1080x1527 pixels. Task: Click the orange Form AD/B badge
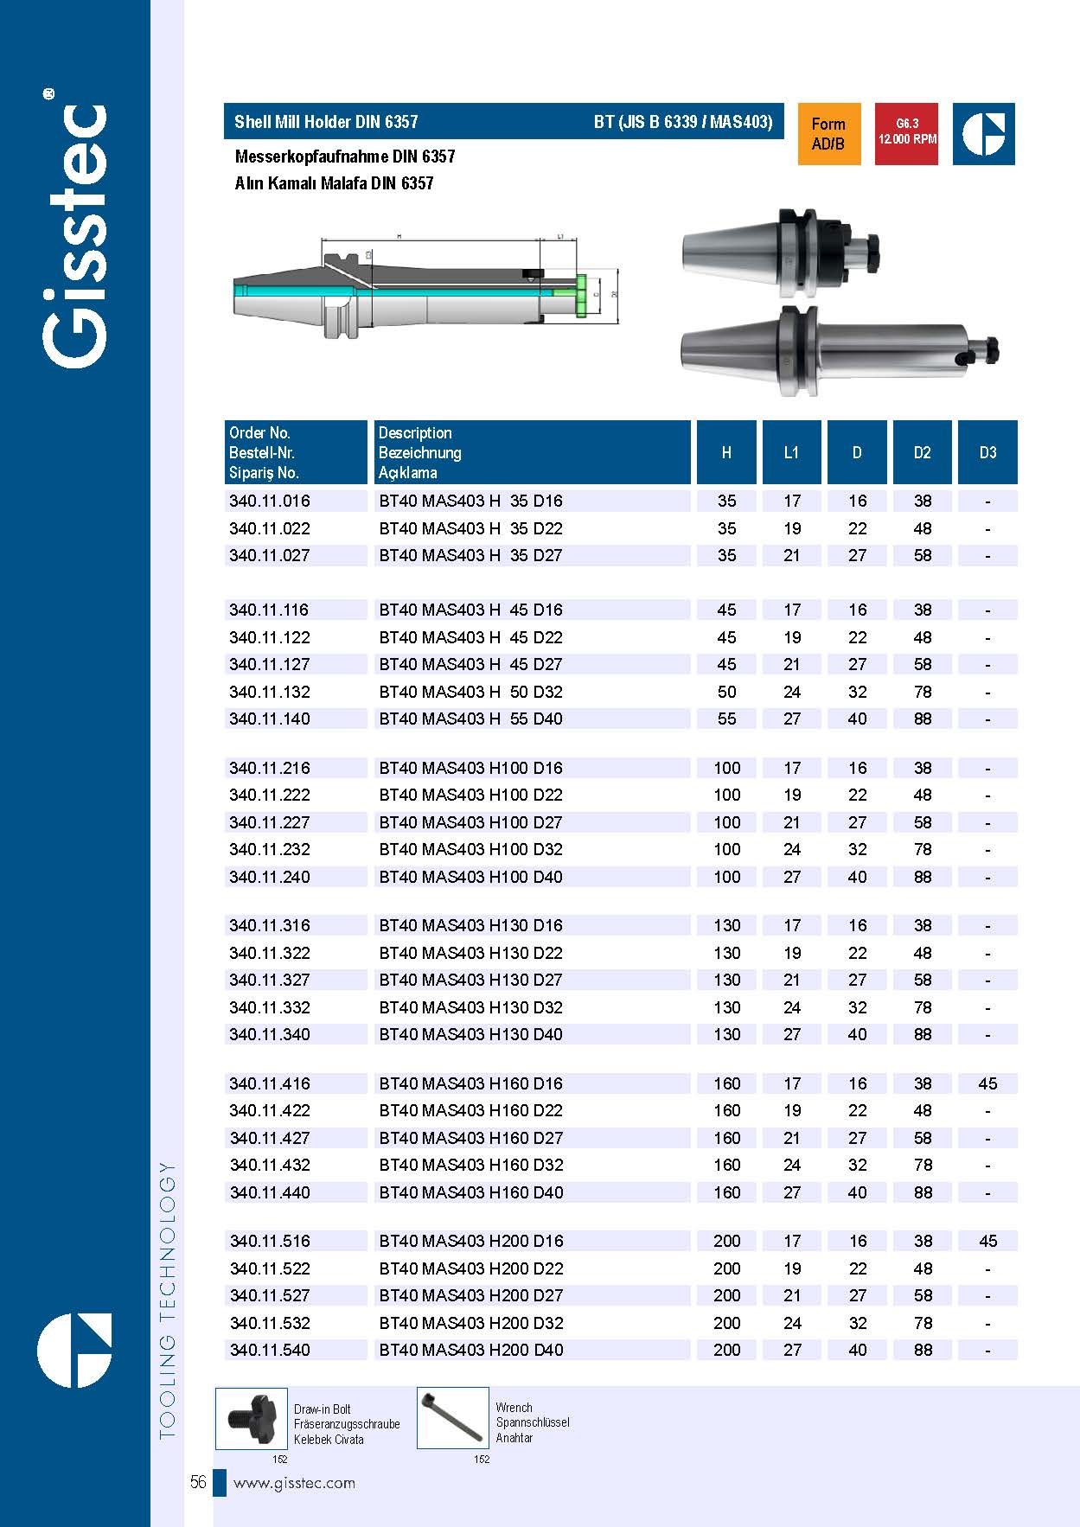(828, 134)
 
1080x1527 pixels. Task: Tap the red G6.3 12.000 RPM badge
(906, 133)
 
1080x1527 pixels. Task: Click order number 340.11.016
(270, 501)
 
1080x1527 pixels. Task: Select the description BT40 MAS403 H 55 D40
(470, 719)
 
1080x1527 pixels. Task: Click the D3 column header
(987, 452)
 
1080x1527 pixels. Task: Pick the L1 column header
(791, 452)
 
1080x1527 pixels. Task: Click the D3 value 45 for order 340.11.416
(987, 1083)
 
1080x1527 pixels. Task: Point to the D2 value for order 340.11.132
(923, 692)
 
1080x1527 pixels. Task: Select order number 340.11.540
(270, 1350)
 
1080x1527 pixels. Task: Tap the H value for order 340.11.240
(726, 877)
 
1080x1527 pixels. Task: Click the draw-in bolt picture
(252, 1419)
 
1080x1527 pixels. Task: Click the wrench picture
(453, 1418)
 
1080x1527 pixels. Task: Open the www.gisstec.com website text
(294, 1483)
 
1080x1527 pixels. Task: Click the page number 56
(198, 1483)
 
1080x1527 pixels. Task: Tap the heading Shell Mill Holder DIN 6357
(326, 122)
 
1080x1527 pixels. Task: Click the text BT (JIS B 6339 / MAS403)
(683, 122)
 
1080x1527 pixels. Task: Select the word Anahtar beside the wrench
(514, 1438)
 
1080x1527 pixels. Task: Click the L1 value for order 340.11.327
(791, 980)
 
